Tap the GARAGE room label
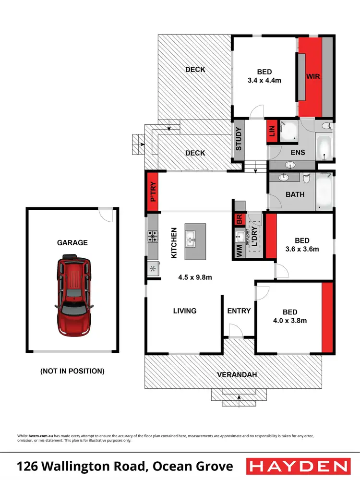click(72, 243)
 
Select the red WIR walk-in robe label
click(314, 76)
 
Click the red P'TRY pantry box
click(154, 192)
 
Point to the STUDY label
click(239, 138)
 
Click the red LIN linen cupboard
click(271, 132)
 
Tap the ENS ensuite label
click(298, 153)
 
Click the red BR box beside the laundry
click(239, 219)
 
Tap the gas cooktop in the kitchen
click(153, 236)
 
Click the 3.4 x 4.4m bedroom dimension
click(264, 81)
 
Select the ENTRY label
click(239, 311)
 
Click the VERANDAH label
click(234, 374)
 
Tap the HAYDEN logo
click(298, 466)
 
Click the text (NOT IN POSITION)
click(72, 371)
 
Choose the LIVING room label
click(185, 311)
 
